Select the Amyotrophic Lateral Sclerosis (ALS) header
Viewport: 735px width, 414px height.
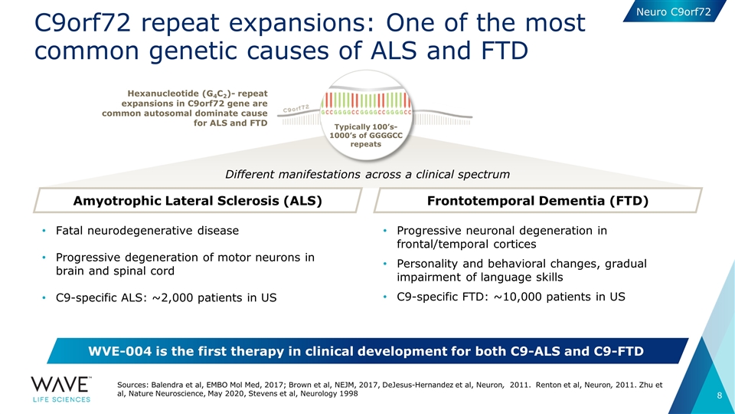click(x=196, y=201)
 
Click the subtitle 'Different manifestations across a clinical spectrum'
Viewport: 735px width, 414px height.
click(x=367, y=175)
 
